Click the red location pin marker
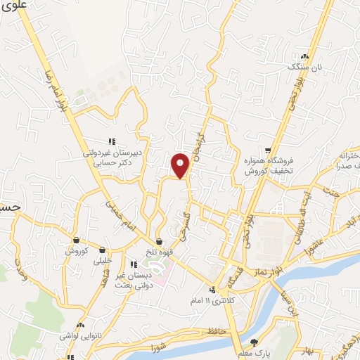tap(181, 165)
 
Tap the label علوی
tap(14, 5)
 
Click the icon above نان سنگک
tap(304, 56)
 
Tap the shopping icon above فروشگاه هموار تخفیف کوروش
tap(268, 150)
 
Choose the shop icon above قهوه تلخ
tap(160, 241)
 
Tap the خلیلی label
tap(103, 260)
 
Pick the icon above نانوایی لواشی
tap(82, 326)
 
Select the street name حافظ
tap(215, 330)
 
